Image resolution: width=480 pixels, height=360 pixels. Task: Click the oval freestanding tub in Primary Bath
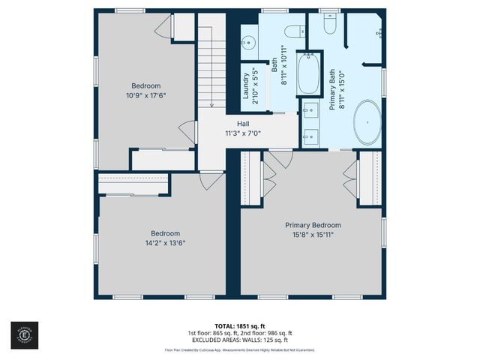(367, 121)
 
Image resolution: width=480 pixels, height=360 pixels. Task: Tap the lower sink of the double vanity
(310, 136)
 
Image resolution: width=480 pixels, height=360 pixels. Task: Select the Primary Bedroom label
(313, 225)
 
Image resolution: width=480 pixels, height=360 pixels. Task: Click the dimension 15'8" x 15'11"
(313, 235)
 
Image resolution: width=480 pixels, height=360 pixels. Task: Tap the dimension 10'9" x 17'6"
(146, 95)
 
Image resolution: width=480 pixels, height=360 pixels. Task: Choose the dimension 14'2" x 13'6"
(165, 242)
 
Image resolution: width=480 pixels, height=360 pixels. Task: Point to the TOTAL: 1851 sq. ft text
(240, 325)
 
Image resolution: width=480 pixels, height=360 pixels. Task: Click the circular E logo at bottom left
(21, 332)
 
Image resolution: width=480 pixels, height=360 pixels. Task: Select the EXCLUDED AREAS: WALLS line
(240, 339)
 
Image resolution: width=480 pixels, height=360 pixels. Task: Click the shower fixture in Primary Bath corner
(379, 31)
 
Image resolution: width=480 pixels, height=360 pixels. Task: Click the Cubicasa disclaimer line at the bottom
(240, 349)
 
